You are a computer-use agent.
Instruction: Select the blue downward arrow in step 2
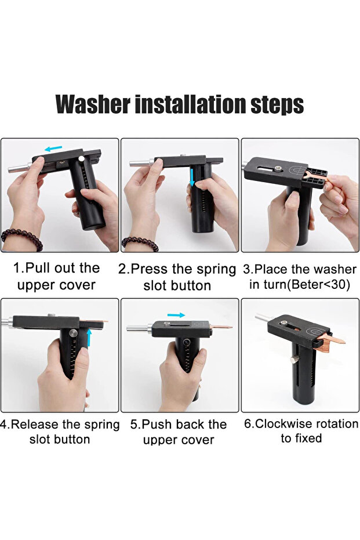(x=192, y=177)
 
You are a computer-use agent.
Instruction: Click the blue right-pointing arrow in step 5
(x=176, y=315)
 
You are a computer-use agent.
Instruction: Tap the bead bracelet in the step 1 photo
(x=22, y=238)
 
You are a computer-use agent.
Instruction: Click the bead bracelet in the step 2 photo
(x=140, y=242)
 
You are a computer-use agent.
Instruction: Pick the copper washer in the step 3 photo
(x=316, y=179)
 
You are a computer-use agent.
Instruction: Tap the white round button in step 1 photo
(x=81, y=158)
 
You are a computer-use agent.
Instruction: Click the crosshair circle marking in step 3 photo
(x=298, y=170)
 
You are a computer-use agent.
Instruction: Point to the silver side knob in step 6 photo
(x=293, y=360)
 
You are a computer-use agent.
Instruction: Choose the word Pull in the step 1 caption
(x=38, y=268)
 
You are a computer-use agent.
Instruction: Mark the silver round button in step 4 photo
(x=73, y=333)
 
